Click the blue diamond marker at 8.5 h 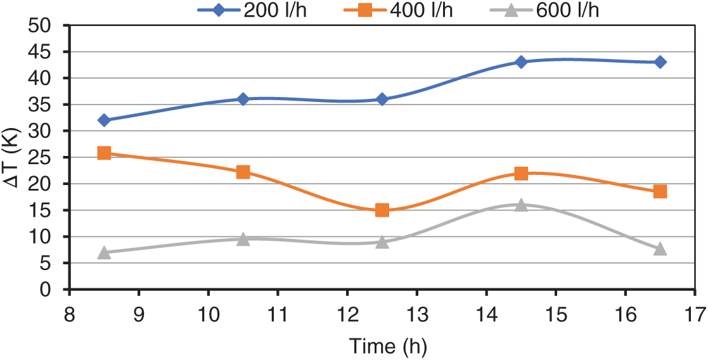pos(105,120)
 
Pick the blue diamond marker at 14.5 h pos(521,62)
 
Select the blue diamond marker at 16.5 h pos(660,62)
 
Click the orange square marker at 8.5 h pos(105,153)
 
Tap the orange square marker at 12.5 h pos(382,210)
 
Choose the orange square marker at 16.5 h pos(660,191)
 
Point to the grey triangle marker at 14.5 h pos(521,205)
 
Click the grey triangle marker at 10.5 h pos(243,239)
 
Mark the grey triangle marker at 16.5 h pos(660,248)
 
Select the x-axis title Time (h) pos(387,346)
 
